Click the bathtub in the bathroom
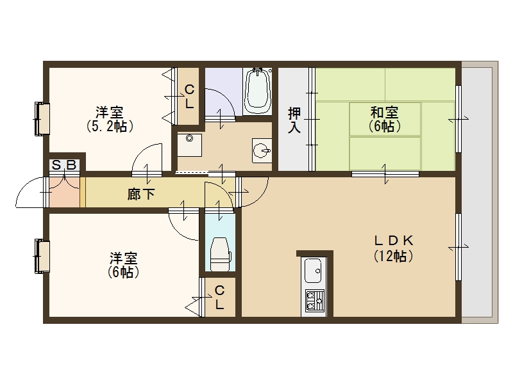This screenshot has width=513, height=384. tap(258, 91)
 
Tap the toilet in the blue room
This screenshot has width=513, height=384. tap(220, 254)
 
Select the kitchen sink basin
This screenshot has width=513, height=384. tap(313, 270)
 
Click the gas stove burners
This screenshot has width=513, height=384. tap(314, 300)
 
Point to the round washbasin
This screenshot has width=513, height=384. tap(262, 151)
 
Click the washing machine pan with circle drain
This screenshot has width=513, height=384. tap(189, 145)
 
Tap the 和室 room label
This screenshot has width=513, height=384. tap(384, 113)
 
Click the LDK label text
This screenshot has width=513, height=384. tap(394, 241)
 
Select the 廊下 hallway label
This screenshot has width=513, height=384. tap(141, 195)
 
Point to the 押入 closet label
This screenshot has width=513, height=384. tap(294, 120)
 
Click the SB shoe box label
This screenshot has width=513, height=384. tap(64, 165)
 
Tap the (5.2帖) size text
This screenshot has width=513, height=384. tap(110, 126)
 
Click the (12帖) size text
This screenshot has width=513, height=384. tap(394, 255)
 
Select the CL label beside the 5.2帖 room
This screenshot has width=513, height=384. tap(189, 97)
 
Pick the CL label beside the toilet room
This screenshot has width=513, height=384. tap(219, 298)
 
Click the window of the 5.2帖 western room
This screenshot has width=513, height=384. tap(42, 119)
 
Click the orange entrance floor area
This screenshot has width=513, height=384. tap(65, 192)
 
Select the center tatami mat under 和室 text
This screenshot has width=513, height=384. tap(385, 119)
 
